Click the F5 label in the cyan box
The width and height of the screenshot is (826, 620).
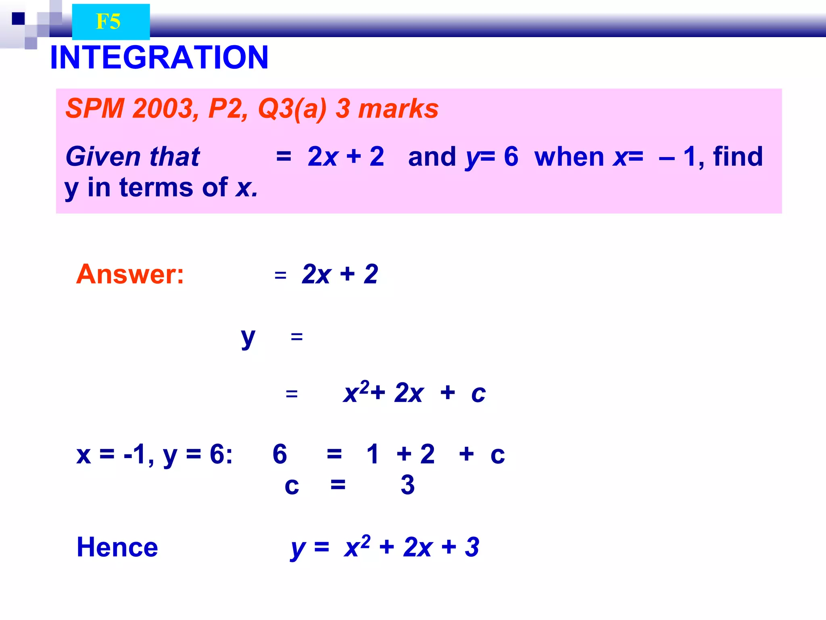108,21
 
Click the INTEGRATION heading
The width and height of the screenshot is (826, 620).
159,57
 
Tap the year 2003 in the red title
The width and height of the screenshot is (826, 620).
163,109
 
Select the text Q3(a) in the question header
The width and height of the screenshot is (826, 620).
292,109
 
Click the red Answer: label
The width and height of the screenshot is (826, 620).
130,274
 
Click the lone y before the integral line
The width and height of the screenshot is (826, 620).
248,337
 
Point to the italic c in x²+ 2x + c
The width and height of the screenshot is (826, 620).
478,393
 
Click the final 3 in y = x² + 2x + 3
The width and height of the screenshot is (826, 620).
471,547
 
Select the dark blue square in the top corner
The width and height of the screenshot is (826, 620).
18,19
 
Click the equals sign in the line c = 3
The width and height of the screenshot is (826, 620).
338,484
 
